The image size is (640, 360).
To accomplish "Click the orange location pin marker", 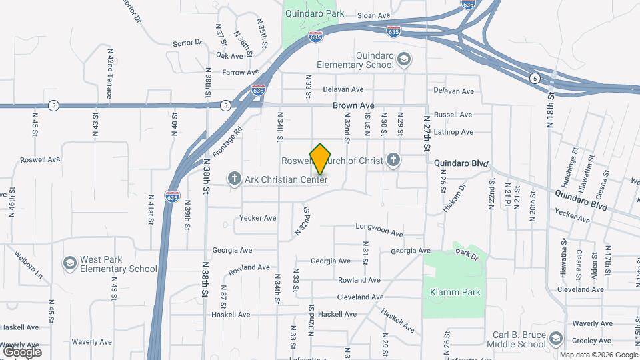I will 320,159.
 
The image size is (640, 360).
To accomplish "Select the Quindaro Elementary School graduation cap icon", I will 403,60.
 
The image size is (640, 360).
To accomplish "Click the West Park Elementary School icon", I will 69,264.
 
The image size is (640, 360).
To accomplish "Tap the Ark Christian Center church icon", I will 234,179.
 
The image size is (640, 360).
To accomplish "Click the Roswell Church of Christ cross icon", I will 393,160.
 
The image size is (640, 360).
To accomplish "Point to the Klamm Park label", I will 455,292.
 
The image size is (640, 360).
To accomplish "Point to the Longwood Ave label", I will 379,229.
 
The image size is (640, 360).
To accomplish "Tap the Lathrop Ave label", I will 453,132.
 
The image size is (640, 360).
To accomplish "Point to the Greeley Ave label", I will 587,340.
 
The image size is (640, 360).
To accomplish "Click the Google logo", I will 22,351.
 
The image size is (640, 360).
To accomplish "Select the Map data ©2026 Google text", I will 598,355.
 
